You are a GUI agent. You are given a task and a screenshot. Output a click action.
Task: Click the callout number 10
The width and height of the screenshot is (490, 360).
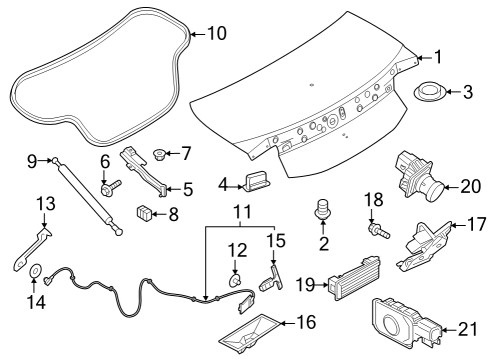click(x=217, y=33)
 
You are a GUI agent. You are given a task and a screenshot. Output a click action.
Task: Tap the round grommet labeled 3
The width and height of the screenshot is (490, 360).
click(x=429, y=95)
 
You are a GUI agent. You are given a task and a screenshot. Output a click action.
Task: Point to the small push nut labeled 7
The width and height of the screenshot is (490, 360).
click(x=157, y=155)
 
